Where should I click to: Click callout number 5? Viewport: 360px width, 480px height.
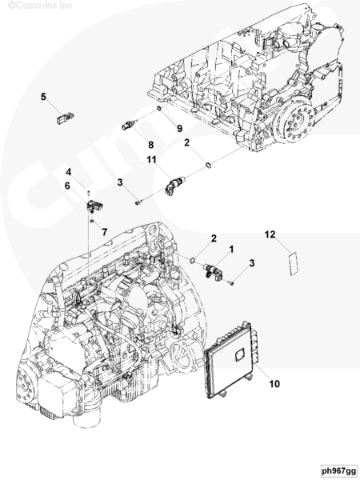click(x=43, y=97)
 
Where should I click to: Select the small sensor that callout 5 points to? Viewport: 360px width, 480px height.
click(x=66, y=118)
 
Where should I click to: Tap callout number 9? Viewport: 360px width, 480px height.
click(x=180, y=128)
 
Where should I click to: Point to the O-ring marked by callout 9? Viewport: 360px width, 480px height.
click(x=159, y=108)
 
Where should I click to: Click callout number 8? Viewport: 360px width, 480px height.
click(x=150, y=145)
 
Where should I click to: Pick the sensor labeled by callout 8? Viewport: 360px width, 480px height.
click(x=129, y=125)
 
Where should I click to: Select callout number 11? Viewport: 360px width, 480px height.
click(x=151, y=159)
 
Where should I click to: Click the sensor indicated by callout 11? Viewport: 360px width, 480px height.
click(x=174, y=185)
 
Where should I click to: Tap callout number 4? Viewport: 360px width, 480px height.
click(x=69, y=172)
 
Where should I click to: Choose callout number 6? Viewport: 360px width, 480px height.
click(x=67, y=186)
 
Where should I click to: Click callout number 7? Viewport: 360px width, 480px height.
click(x=105, y=232)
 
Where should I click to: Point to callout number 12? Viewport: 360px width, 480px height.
click(x=270, y=234)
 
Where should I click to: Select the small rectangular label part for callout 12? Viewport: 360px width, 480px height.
click(x=294, y=264)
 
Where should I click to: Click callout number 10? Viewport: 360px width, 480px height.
click(x=274, y=383)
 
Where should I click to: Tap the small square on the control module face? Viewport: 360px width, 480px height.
click(x=240, y=355)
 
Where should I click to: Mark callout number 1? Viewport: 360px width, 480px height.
click(x=231, y=250)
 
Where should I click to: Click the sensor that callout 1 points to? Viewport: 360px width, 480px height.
click(x=213, y=271)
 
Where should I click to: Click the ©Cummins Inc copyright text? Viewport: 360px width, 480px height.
click(x=40, y=6)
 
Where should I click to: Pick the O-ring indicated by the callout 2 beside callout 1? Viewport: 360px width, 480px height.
click(x=192, y=261)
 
